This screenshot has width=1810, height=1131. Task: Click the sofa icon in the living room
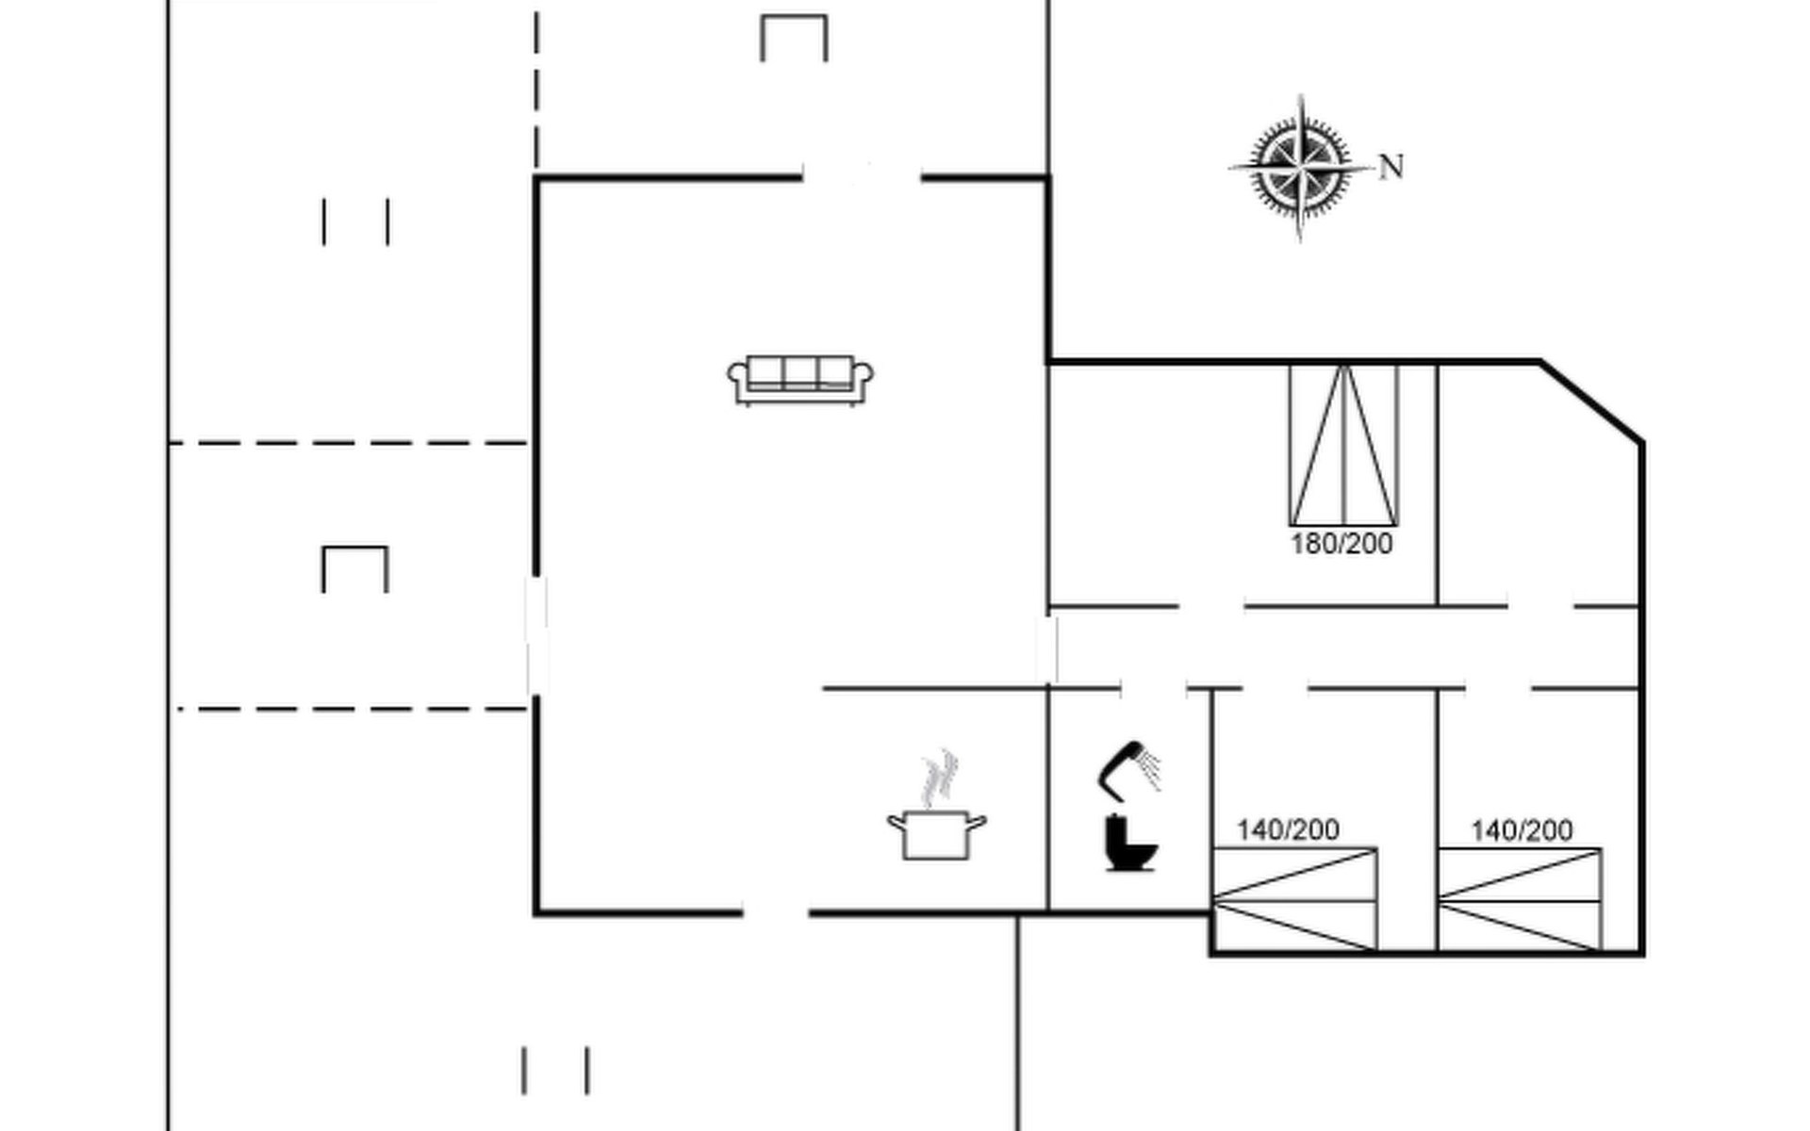tap(799, 380)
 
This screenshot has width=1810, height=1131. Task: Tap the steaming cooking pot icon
tap(936, 833)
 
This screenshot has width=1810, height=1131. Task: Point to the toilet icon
tap(1129, 844)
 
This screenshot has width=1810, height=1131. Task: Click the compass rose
tap(1300, 168)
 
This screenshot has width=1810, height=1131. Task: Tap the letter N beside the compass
tap(1391, 168)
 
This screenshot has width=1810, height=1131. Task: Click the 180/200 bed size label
tap(1341, 544)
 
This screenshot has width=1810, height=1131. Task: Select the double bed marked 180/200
tap(1343, 445)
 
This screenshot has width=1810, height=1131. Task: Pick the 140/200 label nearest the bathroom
tap(1288, 829)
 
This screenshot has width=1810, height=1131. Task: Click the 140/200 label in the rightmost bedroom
tap(1522, 829)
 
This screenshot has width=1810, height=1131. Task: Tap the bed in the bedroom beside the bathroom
tap(1293, 900)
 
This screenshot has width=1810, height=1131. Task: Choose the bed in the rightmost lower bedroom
tap(1520, 900)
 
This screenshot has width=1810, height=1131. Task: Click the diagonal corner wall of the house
tap(1593, 402)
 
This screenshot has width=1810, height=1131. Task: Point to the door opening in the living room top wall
tap(862, 176)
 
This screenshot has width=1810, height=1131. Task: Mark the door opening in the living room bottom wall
tap(775, 912)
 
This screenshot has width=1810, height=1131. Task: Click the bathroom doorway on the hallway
tap(1153, 689)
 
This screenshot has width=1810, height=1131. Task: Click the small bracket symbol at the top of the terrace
tap(794, 38)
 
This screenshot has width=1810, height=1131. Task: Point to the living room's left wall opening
tap(536, 636)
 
